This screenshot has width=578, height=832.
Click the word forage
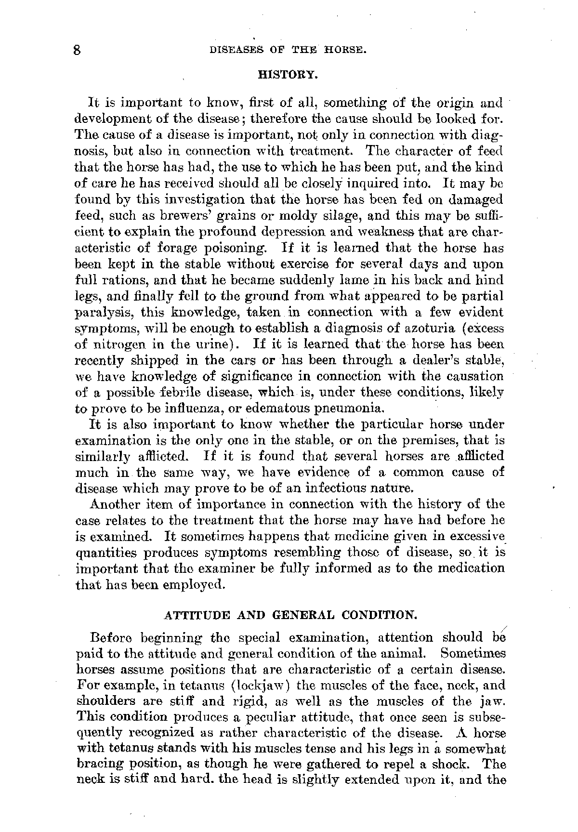point(181,248)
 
